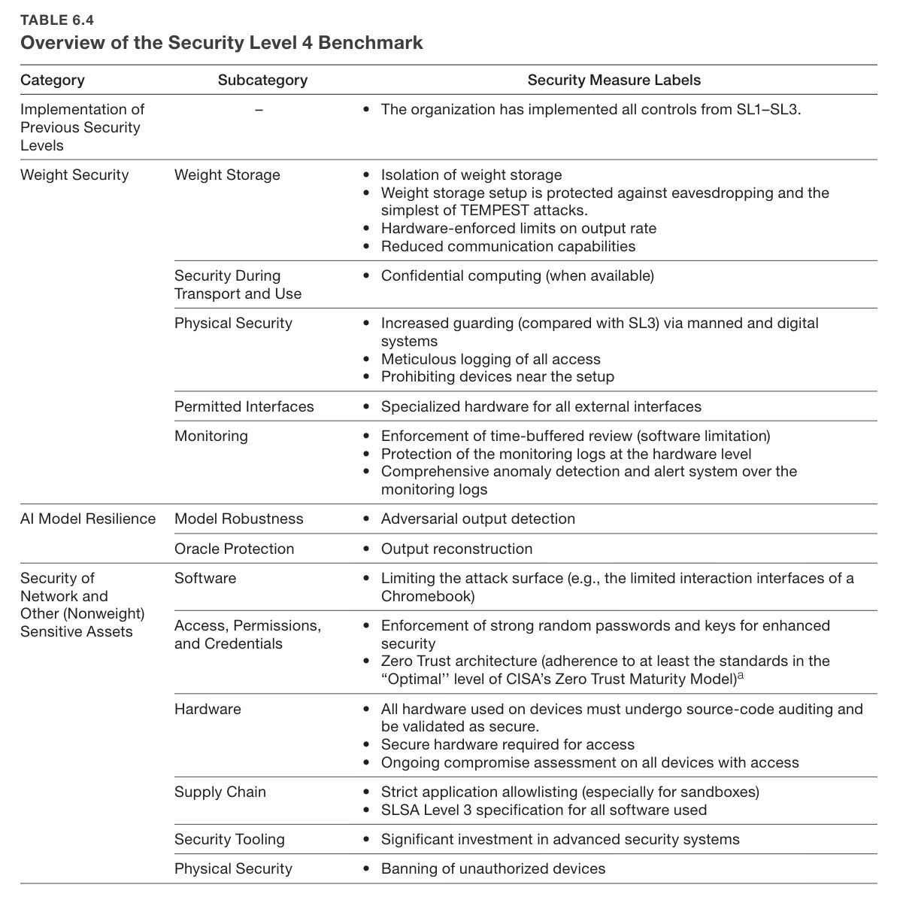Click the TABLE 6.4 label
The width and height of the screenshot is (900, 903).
pyautogui.click(x=57, y=20)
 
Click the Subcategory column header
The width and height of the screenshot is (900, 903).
pyautogui.click(x=262, y=80)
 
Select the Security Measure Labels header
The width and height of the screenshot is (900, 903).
pyautogui.click(x=614, y=80)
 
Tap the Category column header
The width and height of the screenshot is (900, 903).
pyautogui.click(x=53, y=80)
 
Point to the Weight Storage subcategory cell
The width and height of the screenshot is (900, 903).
pyautogui.click(x=227, y=175)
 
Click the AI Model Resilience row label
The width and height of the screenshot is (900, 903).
pyautogui.click(x=88, y=518)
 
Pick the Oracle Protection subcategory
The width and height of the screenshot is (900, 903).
pyautogui.click(x=234, y=549)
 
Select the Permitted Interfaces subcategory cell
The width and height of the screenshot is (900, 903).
pyautogui.click(x=244, y=406)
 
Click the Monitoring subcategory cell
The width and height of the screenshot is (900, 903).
pyautogui.click(x=211, y=436)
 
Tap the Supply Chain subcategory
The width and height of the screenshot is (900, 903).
pyautogui.click(x=220, y=792)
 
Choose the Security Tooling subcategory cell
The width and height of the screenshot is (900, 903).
pyautogui.click(x=229, y=839)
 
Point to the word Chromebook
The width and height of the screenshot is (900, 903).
pyautogui.click(x=427, y=596)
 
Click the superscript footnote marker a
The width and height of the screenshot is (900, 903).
pyautogui.click(x=740, y=675)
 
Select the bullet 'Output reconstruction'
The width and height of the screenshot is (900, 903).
pyautogui.click(x=456, y=549)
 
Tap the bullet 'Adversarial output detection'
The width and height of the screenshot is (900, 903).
pyautogui.click(x=477, y=518)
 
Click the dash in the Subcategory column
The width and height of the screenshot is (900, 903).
pyautogui.click(x=259, y=110)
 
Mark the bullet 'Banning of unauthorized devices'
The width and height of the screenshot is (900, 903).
pyautogui.click(x=492, y=868)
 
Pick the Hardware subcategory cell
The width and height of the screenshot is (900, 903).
pyautogui.click(x=208, y=709)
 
